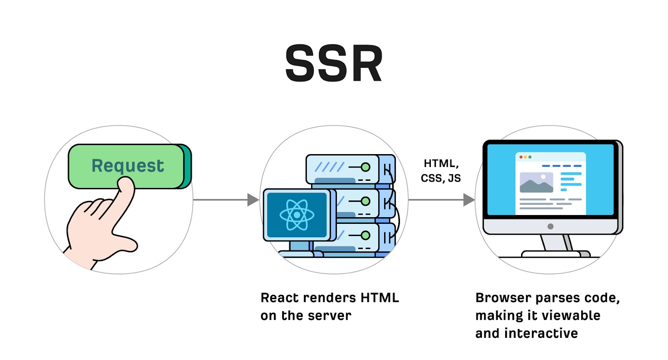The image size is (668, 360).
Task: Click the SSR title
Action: (x=334, y=63)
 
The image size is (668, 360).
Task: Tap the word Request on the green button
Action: (x=127, y=166)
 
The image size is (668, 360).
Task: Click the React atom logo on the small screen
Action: (x=297, y=215)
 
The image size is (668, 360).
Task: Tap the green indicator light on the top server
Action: (x=366, y=167)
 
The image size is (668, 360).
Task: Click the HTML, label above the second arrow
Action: (x=441, y=163)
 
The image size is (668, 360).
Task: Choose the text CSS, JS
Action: (x=440, y=178)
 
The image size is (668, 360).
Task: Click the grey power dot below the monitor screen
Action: (x=550, y=226)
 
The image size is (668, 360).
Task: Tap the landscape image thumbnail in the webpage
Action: (x=536, y=183)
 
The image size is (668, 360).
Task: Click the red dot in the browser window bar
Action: (x=521, y=157)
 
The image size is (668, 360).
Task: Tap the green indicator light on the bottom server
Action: (x=366, y=236)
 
